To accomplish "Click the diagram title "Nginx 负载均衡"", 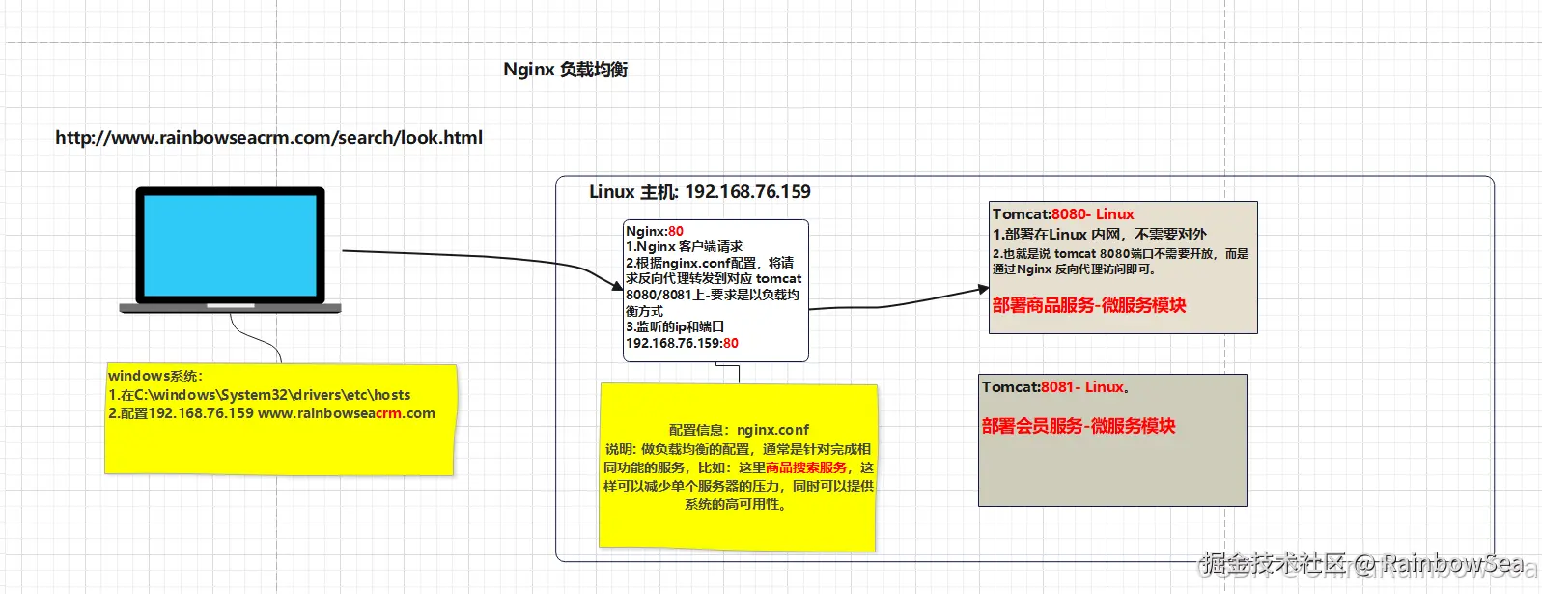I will coord(565,70).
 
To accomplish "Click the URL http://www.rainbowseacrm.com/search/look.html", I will coord(268,137).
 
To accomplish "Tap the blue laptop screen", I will coord(230,244).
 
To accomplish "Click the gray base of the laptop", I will coord(230,308).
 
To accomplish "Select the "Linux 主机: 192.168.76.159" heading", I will coord(699,191).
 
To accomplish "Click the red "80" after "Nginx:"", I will coord(676,231).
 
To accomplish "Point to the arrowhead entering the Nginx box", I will coord(618,285).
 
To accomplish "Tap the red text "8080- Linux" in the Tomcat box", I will coord(1093,214).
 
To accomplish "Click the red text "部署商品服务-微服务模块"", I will coord(1089,305).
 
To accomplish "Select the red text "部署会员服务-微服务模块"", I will coord(1079,426).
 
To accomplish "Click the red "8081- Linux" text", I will coord(1082,387).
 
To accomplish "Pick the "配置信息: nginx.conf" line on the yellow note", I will coord(739,430).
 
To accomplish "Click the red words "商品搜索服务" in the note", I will coord(806,467).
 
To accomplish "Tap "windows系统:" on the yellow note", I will coord(155,376).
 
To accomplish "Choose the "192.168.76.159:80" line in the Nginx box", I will coord(682,343).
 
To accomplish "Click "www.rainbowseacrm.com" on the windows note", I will coord(347,413).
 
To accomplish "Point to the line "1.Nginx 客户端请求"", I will coord(684,246).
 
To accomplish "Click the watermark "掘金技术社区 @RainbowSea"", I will coord(1361,563).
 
